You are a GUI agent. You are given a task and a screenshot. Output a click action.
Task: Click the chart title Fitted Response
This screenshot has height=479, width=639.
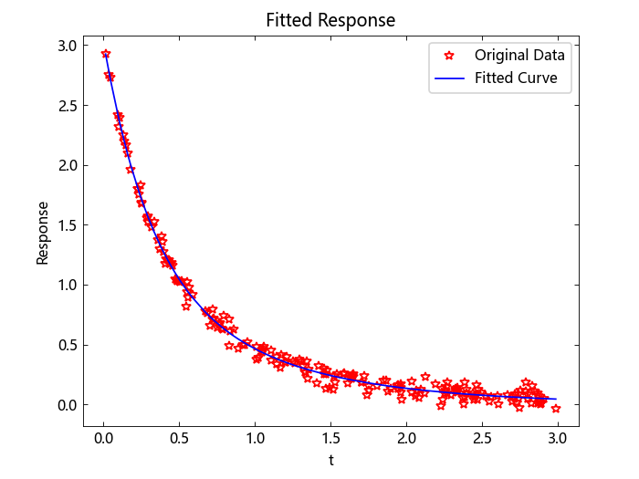(330, 20)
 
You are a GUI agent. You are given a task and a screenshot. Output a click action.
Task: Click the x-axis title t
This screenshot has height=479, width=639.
(330, 460)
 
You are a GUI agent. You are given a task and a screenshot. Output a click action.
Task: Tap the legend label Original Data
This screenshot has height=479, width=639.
(519, 55)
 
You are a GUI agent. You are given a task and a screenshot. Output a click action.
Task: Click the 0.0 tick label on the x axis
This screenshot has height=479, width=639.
(104, 439)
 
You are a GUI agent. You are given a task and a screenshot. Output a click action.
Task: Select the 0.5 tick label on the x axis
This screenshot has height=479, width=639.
(180, 439)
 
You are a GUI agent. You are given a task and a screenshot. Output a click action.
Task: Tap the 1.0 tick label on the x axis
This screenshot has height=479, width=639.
(256, 439)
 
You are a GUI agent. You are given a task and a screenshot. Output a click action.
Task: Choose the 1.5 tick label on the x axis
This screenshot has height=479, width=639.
(330, 439)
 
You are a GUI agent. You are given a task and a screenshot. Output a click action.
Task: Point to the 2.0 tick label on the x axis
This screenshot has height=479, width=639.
(406, 439)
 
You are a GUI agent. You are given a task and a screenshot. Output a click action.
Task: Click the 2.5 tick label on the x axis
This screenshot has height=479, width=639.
(482, 439)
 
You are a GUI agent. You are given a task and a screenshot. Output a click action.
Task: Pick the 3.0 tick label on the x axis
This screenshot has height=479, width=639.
(558, 439)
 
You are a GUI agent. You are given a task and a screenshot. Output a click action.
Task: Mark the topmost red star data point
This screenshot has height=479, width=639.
(106, 54)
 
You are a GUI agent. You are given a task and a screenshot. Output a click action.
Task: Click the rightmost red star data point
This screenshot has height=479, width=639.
(556, 408)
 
